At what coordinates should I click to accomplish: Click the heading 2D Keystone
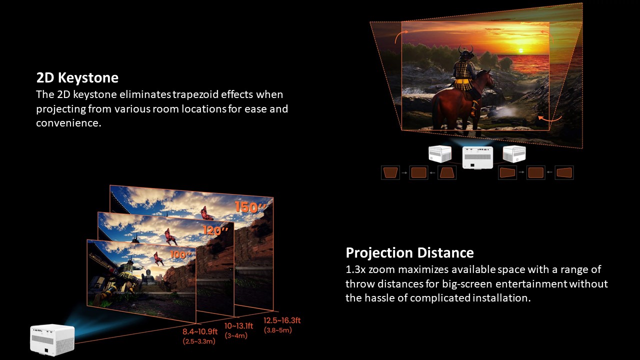tap(77, 77)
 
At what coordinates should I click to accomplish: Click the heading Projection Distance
tap(409, 253)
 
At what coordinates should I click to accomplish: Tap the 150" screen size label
tap(250, 207)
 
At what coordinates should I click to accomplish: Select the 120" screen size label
tap(215, 230)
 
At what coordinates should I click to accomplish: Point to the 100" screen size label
tap(180, 254)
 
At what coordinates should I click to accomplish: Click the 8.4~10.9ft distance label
tap(200, 331)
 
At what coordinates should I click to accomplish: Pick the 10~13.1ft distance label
tap(239, 325)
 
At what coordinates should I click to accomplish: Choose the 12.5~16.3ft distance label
tap(282, 320)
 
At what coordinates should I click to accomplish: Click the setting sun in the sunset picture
tap(520, 51)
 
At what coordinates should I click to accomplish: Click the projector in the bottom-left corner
tap(52, 339)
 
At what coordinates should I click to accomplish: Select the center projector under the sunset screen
tap(477, 157)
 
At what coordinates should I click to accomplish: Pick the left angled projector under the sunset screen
tap(440, 153)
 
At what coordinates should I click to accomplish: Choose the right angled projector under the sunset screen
tap(514, 153)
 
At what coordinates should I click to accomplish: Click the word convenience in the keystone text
tap(68, 123)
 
